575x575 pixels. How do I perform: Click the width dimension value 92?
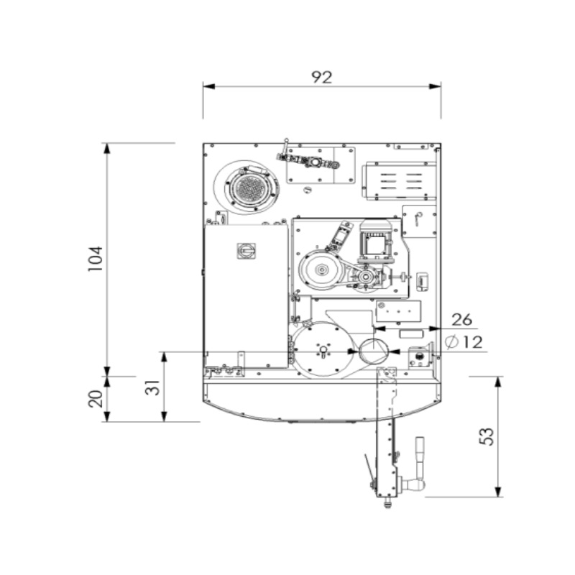321,77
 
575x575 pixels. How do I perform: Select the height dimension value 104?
96,259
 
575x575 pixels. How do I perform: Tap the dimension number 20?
96,399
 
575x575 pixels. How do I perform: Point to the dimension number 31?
152,387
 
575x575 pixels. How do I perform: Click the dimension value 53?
487,436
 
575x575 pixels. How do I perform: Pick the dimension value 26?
461,319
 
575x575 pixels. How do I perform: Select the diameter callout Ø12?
464,342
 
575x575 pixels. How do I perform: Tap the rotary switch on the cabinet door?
246,251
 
